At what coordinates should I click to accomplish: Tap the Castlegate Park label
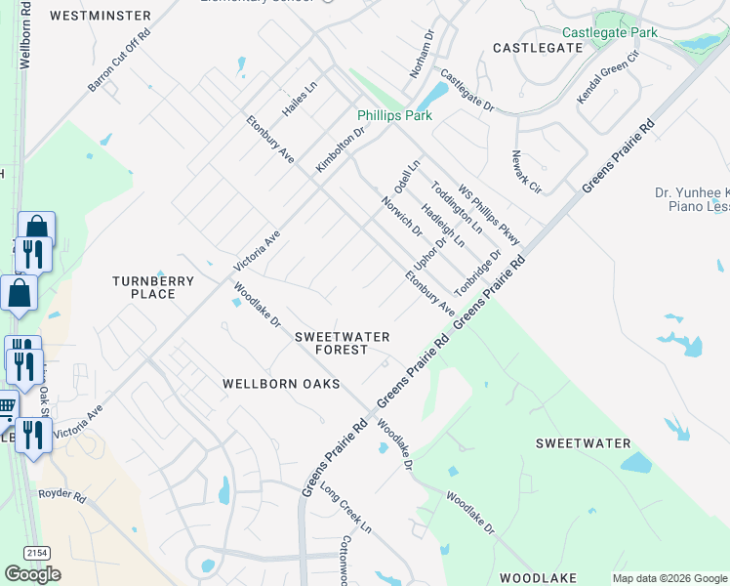pyautogui.click(x=610, y=32)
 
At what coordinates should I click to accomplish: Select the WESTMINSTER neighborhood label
pyautogui.click(x=100, y=16)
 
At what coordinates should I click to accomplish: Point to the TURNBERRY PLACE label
pyautogui.click(x=153, y=287)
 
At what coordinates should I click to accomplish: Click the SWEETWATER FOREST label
pyautogui.click(x=343, y=343)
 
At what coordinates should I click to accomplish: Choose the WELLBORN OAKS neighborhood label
pyautogui.click(x=281, y=384)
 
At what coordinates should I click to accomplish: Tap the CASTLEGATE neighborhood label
pyautogui.click(x=538, y=47)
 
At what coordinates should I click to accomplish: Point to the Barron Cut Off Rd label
pyautogui.click(x=119, y=61)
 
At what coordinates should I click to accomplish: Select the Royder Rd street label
pyautogui.click(x=62, y=494)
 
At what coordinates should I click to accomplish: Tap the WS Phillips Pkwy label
pyautogui.click(x=489, y=216)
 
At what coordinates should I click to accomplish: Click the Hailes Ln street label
pyautogui.click(x=300, y=100)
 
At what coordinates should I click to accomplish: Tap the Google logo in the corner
pyautogui.click(x=32, y=574)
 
